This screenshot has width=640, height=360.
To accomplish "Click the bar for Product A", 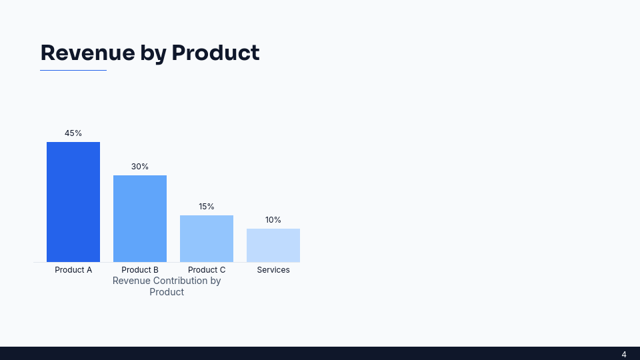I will (73, 202).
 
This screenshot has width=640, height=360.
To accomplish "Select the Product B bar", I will (140, 219).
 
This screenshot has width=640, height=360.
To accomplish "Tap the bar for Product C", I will (207, 239).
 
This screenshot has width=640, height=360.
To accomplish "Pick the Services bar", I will (273, 245).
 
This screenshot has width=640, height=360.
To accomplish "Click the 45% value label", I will (73, 133).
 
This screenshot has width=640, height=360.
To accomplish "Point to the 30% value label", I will (140, 167).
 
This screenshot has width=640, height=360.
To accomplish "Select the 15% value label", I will (207, 207).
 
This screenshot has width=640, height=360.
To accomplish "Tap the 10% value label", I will (273, 220).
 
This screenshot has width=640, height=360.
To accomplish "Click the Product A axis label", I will (73, 270).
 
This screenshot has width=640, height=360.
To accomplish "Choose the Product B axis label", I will (140, 270).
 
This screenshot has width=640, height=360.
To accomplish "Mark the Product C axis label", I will (207, 270).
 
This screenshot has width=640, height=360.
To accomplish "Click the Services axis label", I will (273, 270).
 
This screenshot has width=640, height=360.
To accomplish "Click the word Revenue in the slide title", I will (87, 53).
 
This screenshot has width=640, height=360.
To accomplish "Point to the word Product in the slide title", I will (215, 53).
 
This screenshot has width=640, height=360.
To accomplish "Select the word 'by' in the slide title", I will (153, 53).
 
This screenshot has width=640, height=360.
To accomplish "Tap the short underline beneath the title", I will (73, 70).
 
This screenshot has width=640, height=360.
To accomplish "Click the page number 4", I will (624, 354).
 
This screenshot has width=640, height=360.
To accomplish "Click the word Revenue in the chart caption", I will (131, 281).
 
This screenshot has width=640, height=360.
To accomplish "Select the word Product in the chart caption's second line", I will (167, 292).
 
